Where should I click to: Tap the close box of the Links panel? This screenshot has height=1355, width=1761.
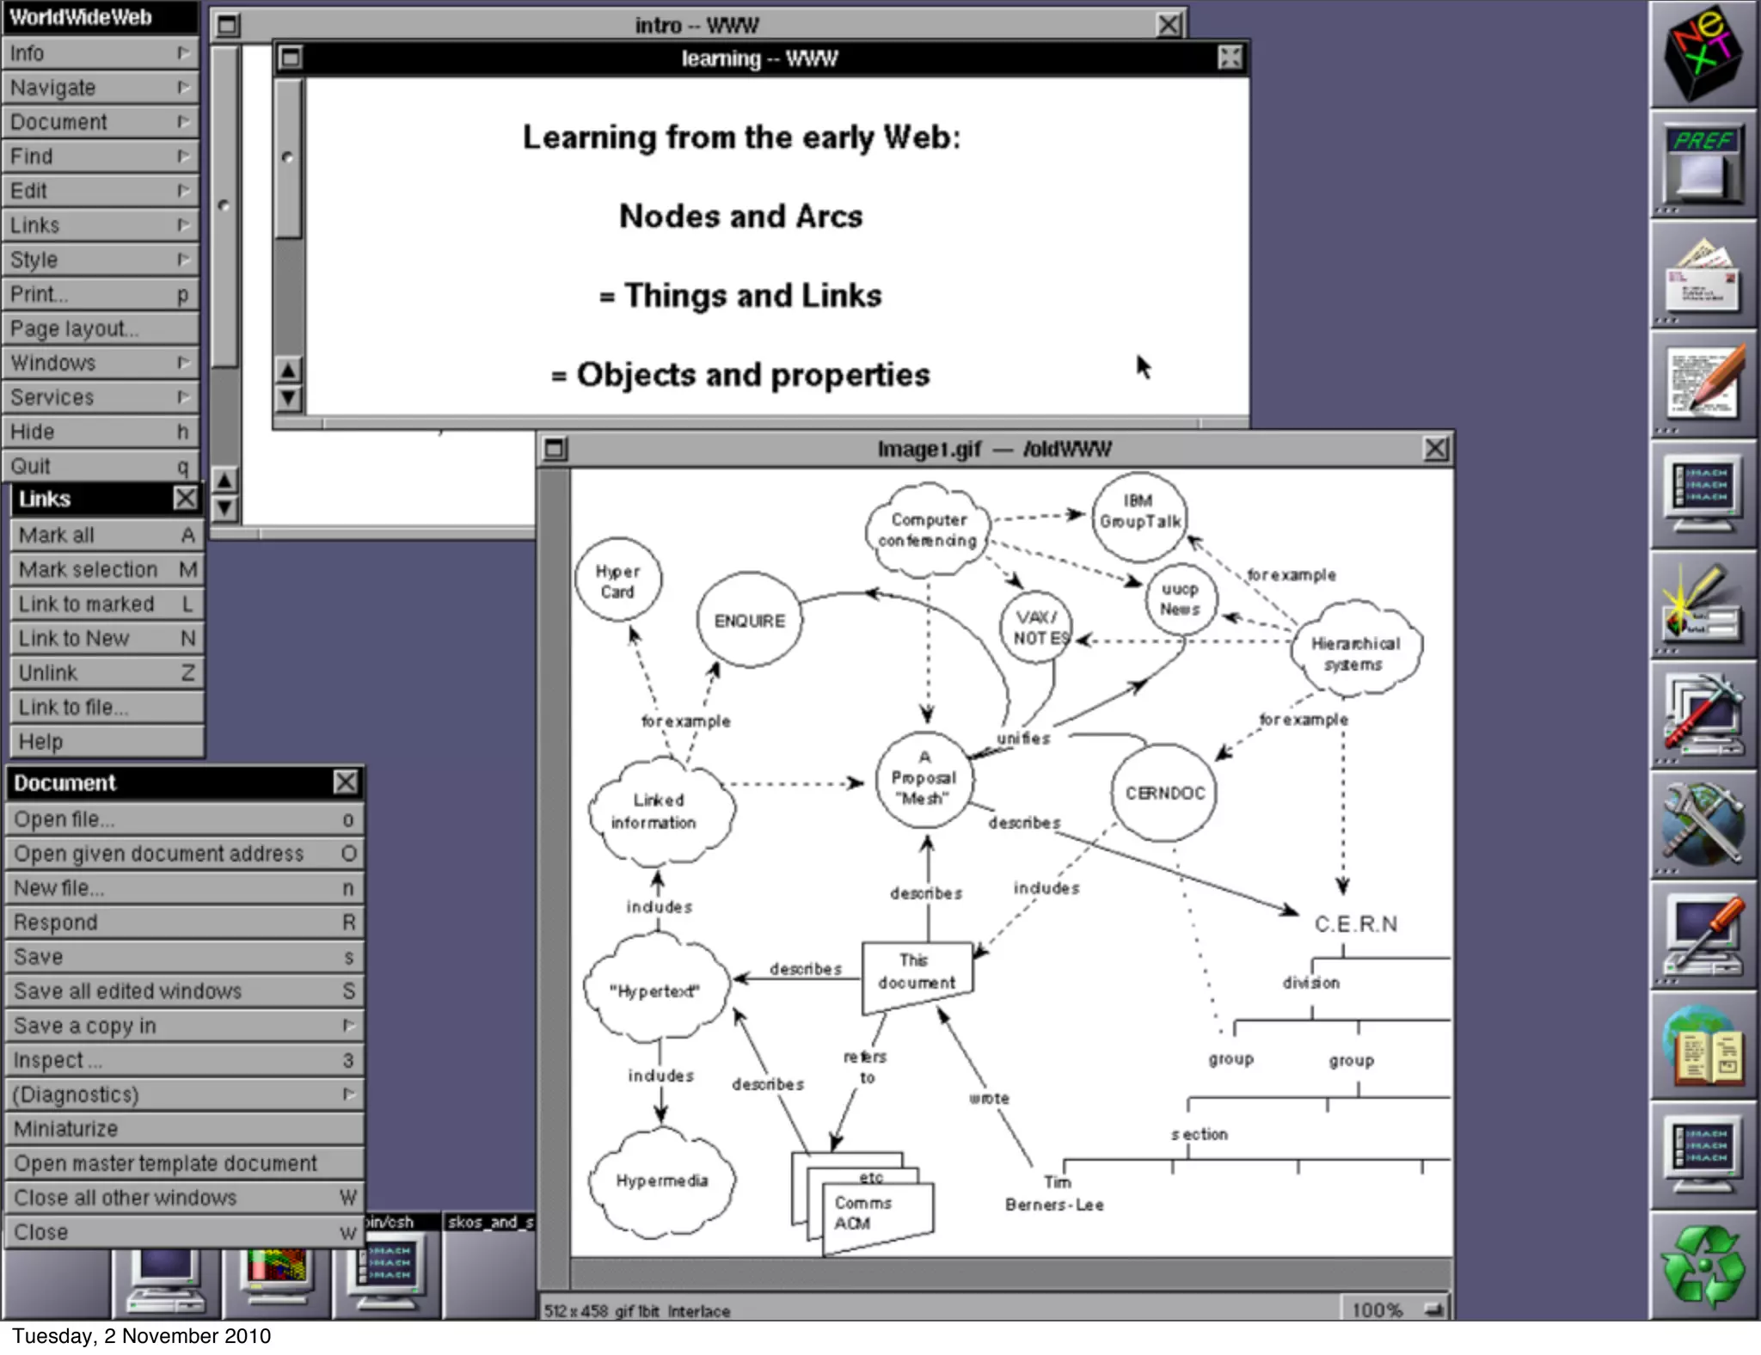pyautogui.click(x=185, y=499)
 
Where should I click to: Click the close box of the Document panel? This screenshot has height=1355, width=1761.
pyautogui.click(x=346, y=782)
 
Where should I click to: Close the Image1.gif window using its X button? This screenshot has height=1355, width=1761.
pyautogui.click(x=1435, y=449)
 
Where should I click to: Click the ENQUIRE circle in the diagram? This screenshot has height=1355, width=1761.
pyautogui.click(x=750, y=621)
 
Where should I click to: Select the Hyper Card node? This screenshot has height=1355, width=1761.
pyautogui.click(x=617, y=582)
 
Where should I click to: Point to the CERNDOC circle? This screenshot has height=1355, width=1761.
pyautogui.click(x=1165, y=793)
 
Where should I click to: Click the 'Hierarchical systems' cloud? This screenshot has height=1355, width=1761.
pyautogui.click(x=1355, y=653)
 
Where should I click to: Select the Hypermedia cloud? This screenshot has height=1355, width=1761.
pyautogui.click(x=661, y=1181)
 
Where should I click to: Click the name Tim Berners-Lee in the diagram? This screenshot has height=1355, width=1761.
pyautogui.click(x=1055, y=1194)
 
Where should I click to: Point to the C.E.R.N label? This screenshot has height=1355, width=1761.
pyautogui.click(x=1356, y=924)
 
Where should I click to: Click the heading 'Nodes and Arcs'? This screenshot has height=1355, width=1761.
pyautogui.click(x=740, y=217)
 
